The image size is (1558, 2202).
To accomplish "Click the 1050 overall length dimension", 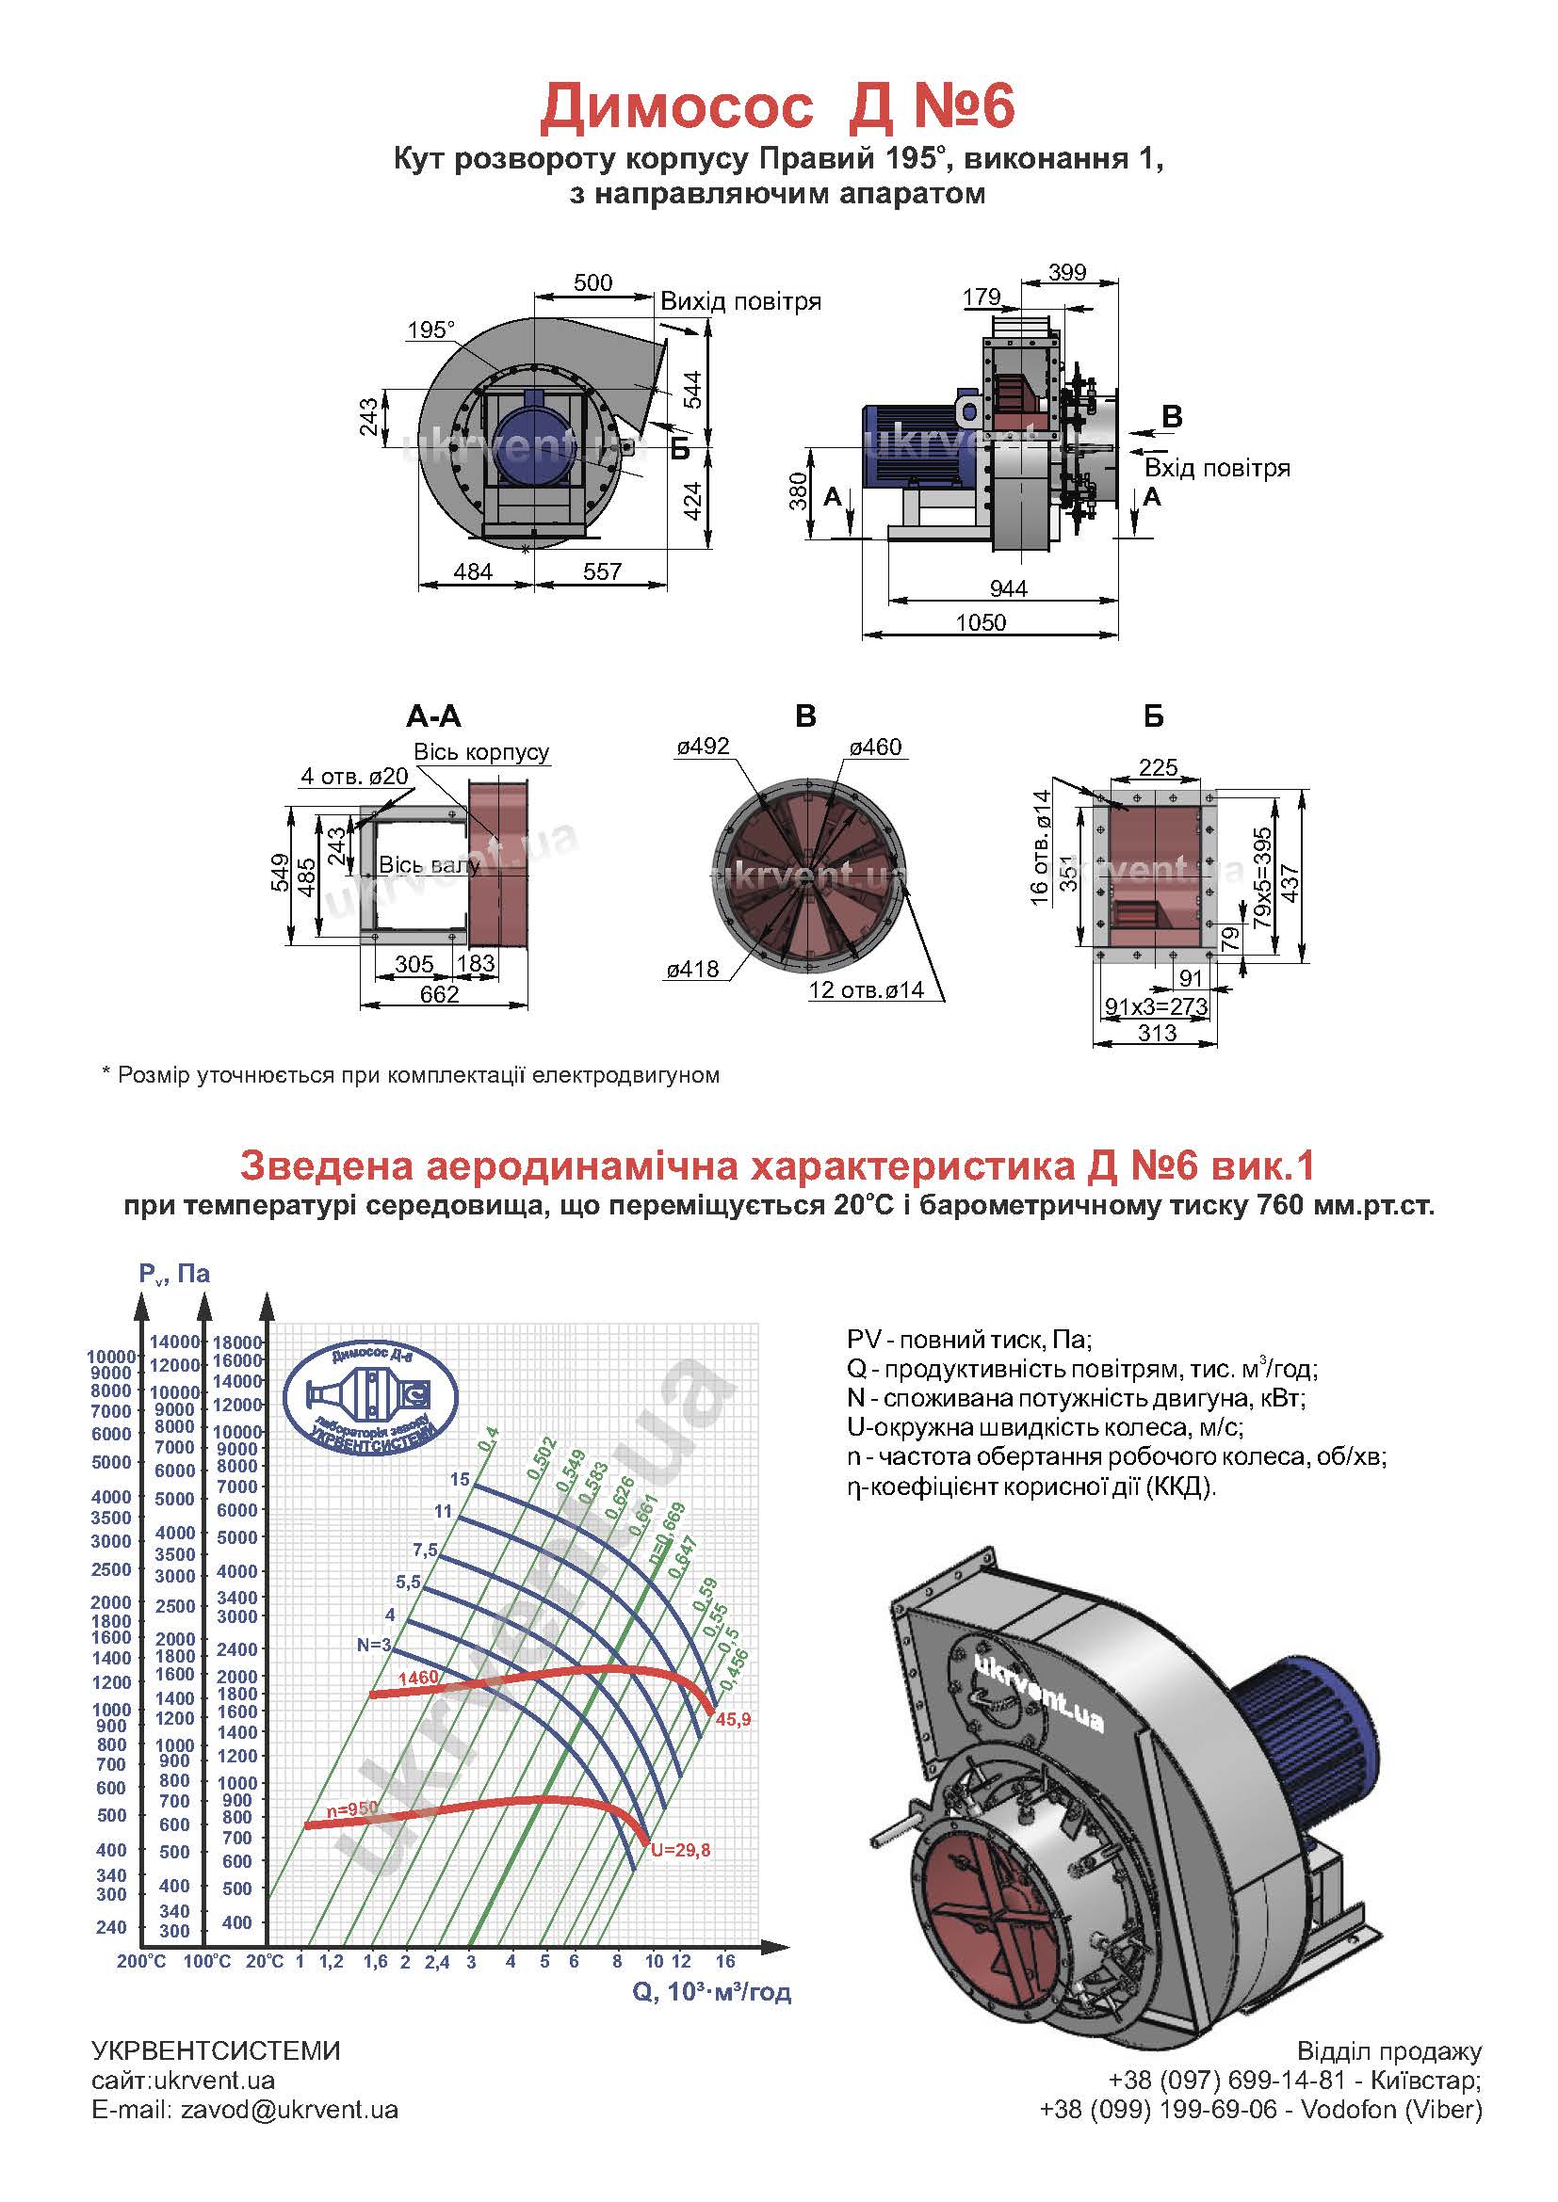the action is point(981,622).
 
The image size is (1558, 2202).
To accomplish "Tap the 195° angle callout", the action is point(430,329).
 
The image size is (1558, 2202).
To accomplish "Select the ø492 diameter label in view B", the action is point(703,747).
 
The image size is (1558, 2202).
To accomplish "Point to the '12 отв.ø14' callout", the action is point(867,990).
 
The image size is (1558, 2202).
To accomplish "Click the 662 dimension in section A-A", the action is point(439,994).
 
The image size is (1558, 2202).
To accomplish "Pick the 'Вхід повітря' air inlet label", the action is point(1217,468).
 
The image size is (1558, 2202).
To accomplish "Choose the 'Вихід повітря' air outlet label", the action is point(740,301).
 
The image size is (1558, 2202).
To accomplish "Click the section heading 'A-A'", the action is point(433,715).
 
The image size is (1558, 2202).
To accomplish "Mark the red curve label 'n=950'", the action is point(352,1808).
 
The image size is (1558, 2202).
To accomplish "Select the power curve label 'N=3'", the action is point(374,1645).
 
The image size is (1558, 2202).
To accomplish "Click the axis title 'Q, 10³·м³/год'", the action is point(712,1993).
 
